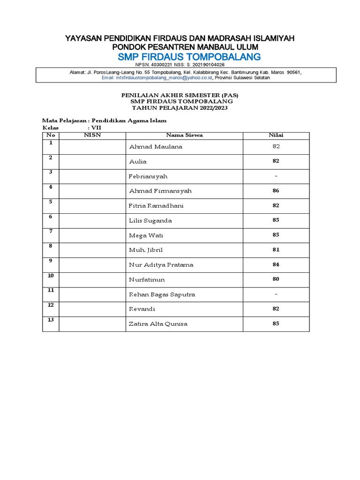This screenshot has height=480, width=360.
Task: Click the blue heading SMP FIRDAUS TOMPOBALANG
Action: coord(182,57)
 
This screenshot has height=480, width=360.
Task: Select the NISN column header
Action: coord(92,135)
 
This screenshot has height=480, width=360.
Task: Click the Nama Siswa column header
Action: coord(184,135)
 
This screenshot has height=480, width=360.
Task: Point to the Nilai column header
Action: coord(276,135)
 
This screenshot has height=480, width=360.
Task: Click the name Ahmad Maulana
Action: coord(156,147)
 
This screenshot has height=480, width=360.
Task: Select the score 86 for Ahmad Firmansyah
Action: coord(276,191)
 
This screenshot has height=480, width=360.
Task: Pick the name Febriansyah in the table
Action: coord(148,176)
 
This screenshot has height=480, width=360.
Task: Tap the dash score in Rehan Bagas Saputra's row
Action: coord(276,294)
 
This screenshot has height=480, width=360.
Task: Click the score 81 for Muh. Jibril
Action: coord(276,250)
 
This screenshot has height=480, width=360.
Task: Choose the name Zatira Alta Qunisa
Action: coord(158,324)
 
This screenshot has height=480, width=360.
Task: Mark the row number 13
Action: coord(50,320)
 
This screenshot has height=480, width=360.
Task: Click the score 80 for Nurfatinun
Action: coord(276,279)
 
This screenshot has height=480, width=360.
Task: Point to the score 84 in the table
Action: coord(276,265)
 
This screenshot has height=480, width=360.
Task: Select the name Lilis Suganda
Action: coord(150,220)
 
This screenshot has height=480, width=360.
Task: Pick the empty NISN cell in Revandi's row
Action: coord(92,309)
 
